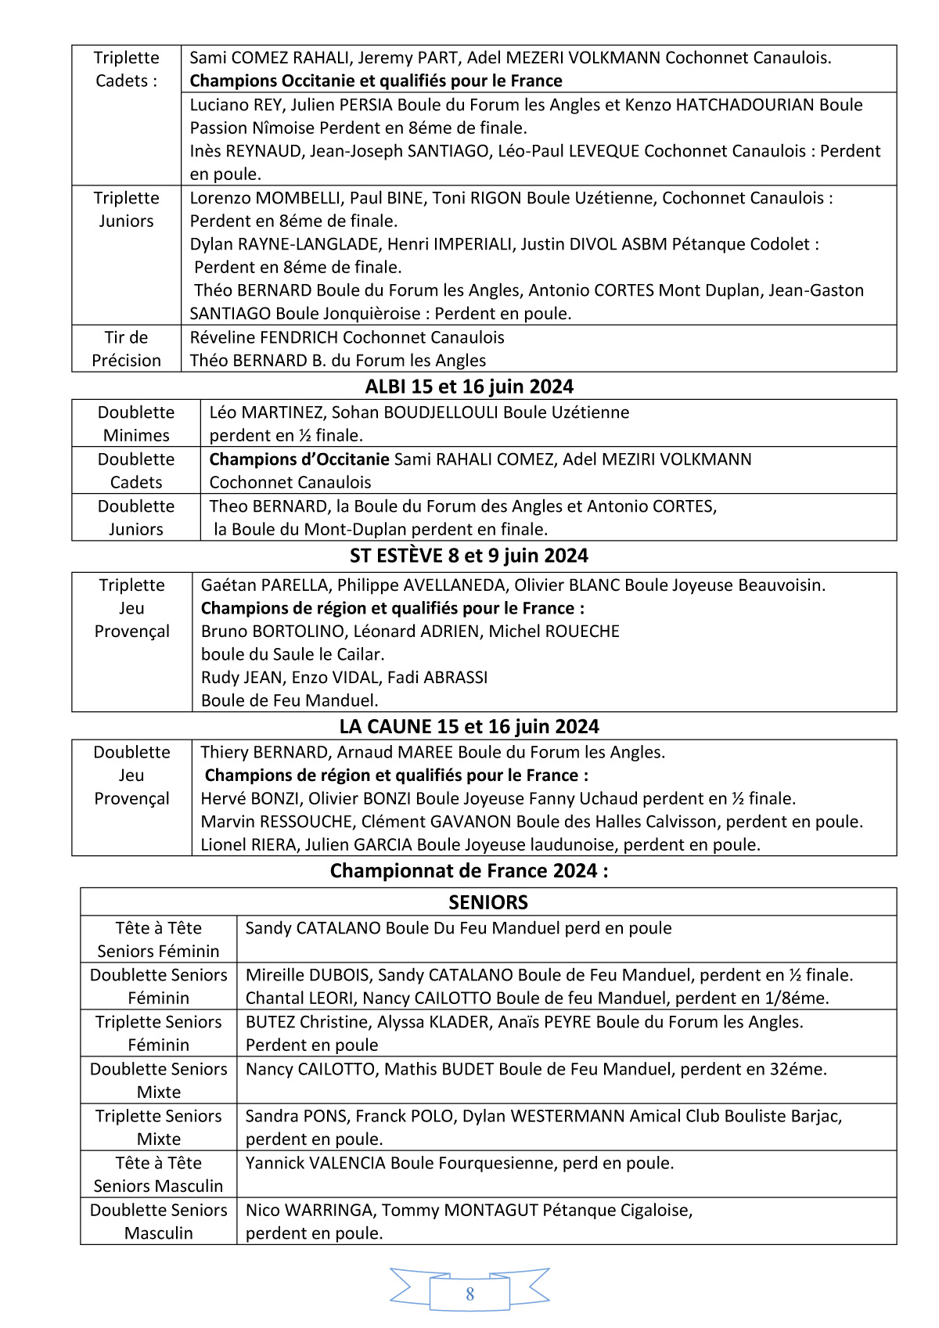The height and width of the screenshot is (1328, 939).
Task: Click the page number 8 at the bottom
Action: tap(469, 1294)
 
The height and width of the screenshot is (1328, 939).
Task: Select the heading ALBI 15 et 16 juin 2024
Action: tap(469, 387)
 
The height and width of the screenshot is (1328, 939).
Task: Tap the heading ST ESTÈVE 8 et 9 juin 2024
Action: tap(469, 556)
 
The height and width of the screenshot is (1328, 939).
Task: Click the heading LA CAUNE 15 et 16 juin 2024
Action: tap(469, 726)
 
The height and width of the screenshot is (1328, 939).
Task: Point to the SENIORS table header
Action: tap(487, 902)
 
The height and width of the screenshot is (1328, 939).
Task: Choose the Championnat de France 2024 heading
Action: tap(469, 871)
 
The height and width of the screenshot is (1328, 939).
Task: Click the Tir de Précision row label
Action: tap(126, 349)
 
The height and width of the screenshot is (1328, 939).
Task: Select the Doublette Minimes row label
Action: tap(136, 423)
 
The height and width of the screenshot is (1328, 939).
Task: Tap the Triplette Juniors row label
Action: tap(126, 210)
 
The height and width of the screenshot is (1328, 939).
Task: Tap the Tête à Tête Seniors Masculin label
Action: tap(158, 1174)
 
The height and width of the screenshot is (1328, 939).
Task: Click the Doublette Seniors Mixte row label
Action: tap(158, 1080)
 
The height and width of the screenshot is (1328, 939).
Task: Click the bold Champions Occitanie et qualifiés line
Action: tap(376, 81)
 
